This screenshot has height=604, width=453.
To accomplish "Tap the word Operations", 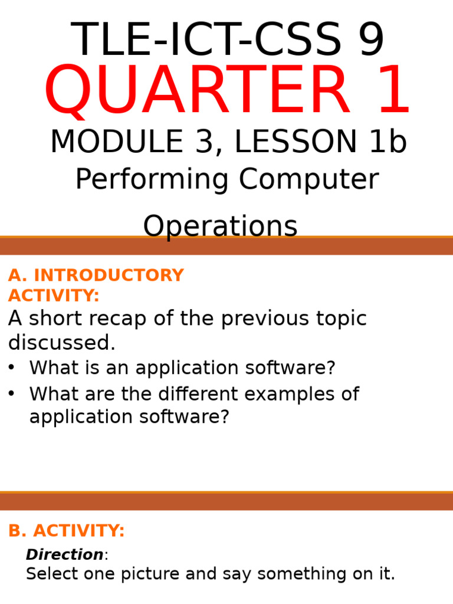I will click(220, 226).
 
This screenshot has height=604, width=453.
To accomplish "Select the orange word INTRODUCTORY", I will click(109, 275).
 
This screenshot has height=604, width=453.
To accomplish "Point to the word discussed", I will click(61, 342).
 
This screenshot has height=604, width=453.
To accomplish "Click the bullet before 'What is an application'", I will click(11, 367).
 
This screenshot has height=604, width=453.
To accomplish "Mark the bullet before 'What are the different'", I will click(11, 393).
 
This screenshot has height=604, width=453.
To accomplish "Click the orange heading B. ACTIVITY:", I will click(66, 531).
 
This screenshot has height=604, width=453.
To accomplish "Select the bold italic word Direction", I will click(64, 555).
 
